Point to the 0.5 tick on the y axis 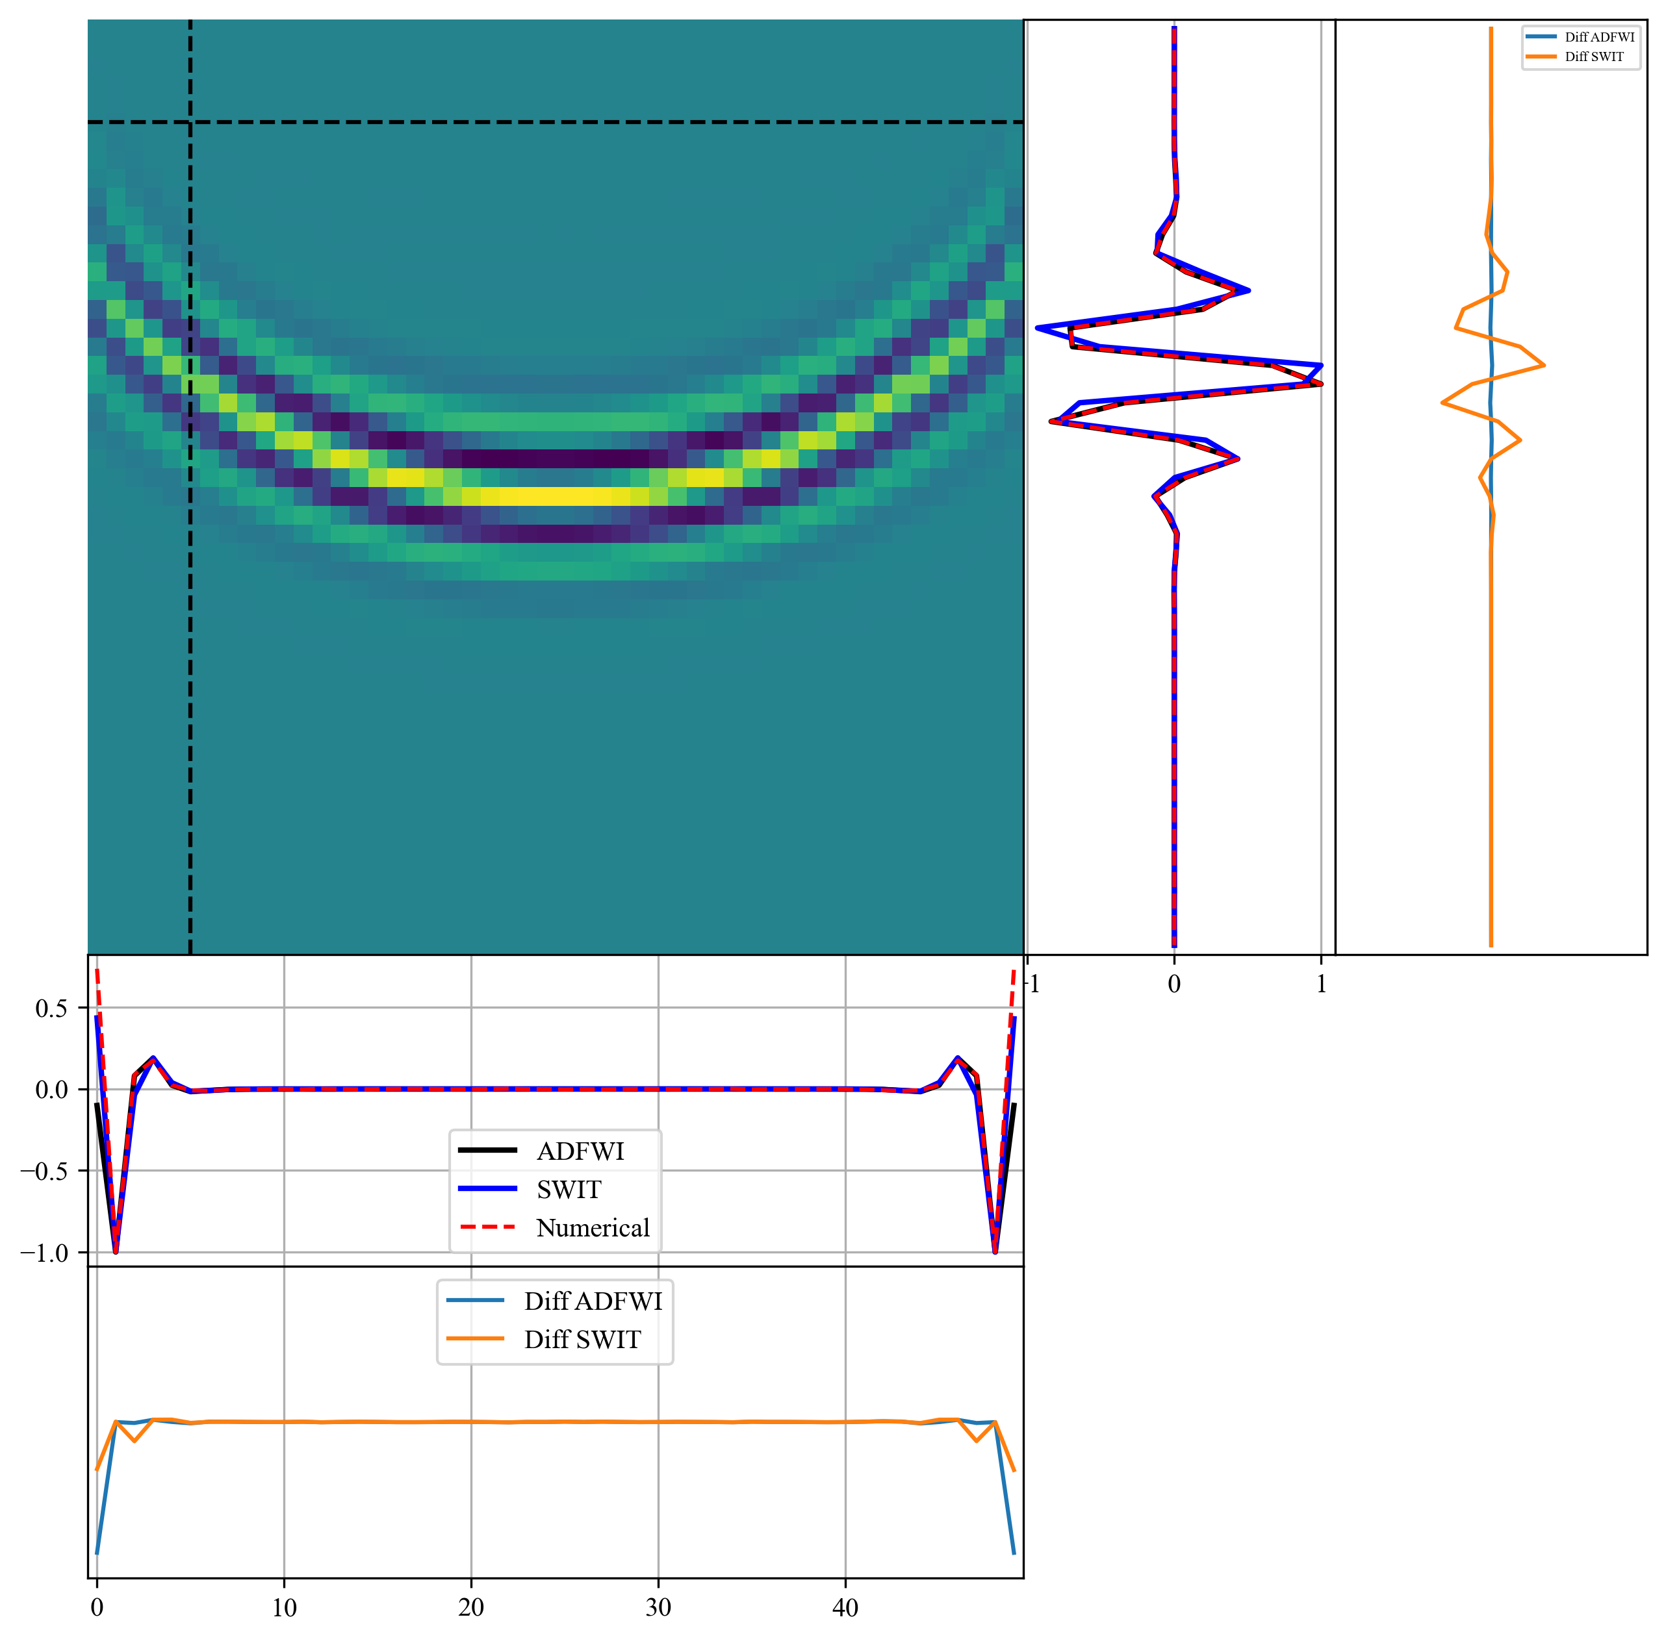pyautogui.click(x=52, y=1008)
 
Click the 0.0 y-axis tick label pyautogui.click(x=52, y=1090)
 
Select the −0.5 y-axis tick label pyautogui.click(x=45, y=1171)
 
